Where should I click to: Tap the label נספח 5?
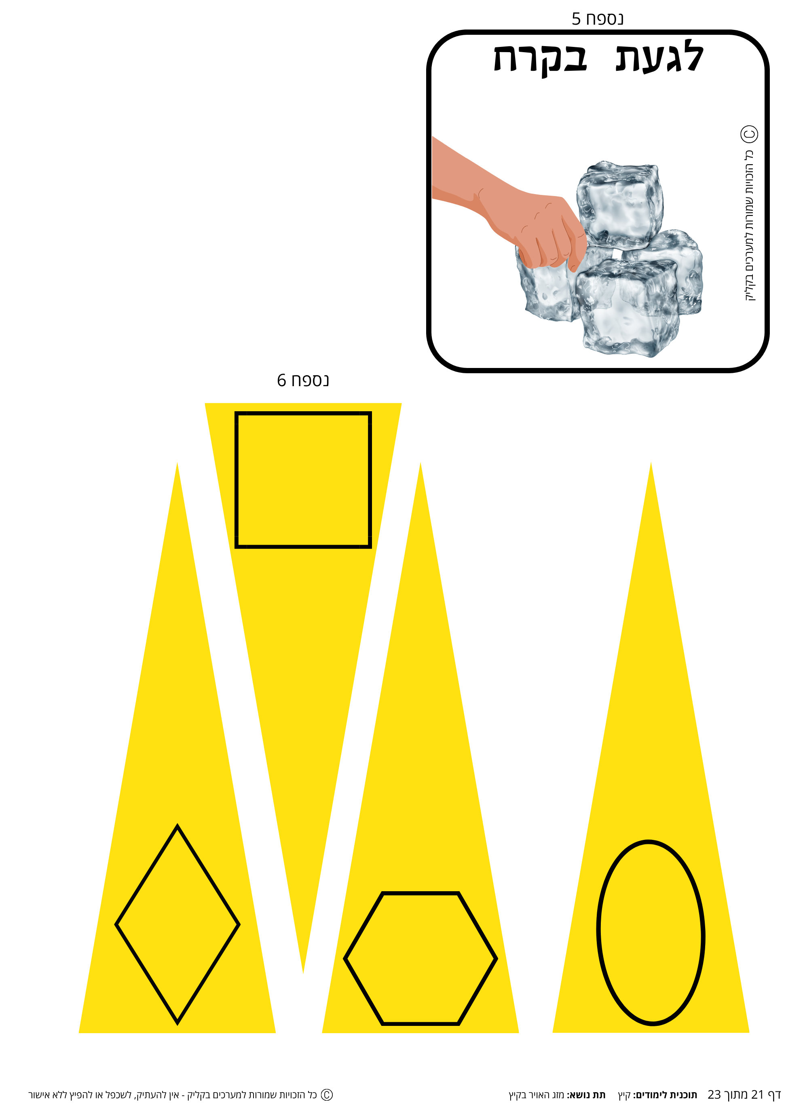pyautogui.click(x=597, y=19)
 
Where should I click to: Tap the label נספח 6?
pyautogui.click(x=303, y=380)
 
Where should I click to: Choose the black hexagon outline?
pyautogui.click(x=420, y=893)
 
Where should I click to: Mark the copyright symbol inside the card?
pyautogui.click(x=749, y=134)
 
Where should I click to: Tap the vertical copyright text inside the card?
pyautogui.click(x=749, y=225)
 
